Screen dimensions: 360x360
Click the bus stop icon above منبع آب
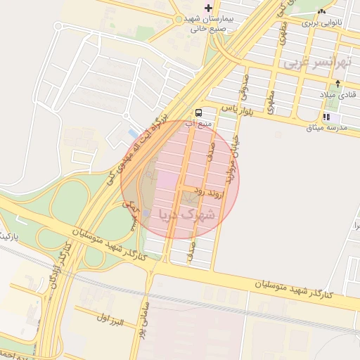point(198,112)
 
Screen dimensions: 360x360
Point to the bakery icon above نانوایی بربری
point(322,11)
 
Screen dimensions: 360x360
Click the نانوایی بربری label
point(321,22)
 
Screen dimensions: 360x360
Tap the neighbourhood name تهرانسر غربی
point(316,63)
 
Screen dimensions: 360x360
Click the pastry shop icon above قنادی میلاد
point(338,84)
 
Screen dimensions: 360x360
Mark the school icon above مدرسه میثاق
point(326,117)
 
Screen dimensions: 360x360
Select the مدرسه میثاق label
point(325,128)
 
